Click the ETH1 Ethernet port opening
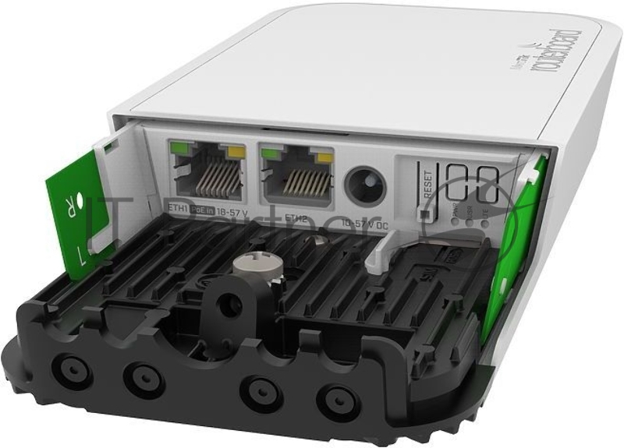[208, 176]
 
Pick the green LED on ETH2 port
[271, 151]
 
